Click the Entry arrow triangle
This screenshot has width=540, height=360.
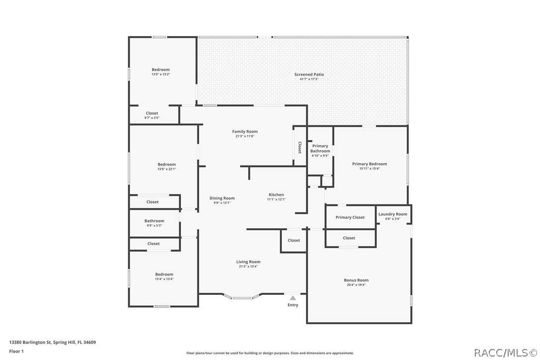coord(293,298)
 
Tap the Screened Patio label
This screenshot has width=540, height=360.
coord(309,75)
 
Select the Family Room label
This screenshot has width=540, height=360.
coord(245,132)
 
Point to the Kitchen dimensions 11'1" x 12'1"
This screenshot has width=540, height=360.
coord(276,199)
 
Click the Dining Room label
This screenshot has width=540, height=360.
coord(222,198)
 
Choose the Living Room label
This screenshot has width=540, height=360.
coord(248,262)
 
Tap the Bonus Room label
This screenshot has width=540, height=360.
coord(356,280)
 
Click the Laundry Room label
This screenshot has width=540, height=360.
coord(393,214)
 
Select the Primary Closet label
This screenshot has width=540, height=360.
coord(350,217)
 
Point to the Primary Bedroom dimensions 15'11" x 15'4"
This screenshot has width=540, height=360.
coord(369,169)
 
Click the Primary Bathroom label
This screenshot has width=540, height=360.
coord(320,149)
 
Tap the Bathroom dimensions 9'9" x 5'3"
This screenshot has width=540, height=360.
coord(154,226)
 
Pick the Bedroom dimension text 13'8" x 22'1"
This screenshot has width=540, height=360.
coord(167,169)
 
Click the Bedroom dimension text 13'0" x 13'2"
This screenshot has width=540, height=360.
coord(161,75)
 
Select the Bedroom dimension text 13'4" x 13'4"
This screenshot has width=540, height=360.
coord(164,279)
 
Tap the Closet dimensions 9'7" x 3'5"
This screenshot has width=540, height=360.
coord(152,118)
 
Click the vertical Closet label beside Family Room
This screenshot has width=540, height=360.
coord(300,148)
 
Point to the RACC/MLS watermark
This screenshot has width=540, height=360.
coord(506,353)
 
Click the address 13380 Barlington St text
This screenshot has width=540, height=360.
coord(30,343)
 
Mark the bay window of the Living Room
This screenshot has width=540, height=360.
coord(243,297)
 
